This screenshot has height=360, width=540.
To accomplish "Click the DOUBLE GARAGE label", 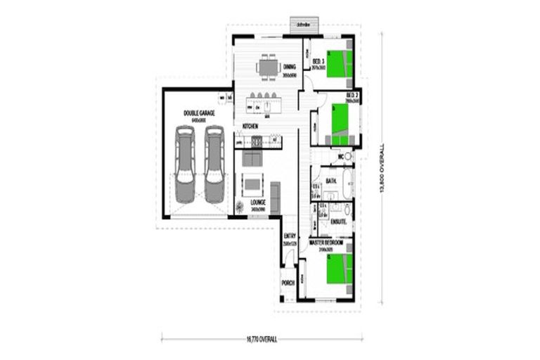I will click(199, 112).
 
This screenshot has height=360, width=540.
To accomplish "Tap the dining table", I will click(268, 67).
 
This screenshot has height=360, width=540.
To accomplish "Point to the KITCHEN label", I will click(251, 126).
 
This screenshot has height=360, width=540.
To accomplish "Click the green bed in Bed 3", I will click(339, 64).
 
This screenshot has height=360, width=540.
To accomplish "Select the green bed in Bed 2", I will click(340, 117).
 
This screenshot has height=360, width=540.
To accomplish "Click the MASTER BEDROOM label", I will click(326, 242).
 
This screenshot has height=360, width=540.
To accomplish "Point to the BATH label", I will click(330, 181).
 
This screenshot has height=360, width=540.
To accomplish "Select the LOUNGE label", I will click(257, 201).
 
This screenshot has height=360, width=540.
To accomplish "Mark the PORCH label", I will click(288, 283).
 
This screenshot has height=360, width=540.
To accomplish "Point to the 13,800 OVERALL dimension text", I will click(382, 169).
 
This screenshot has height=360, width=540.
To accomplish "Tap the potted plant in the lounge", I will click(240, 206).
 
